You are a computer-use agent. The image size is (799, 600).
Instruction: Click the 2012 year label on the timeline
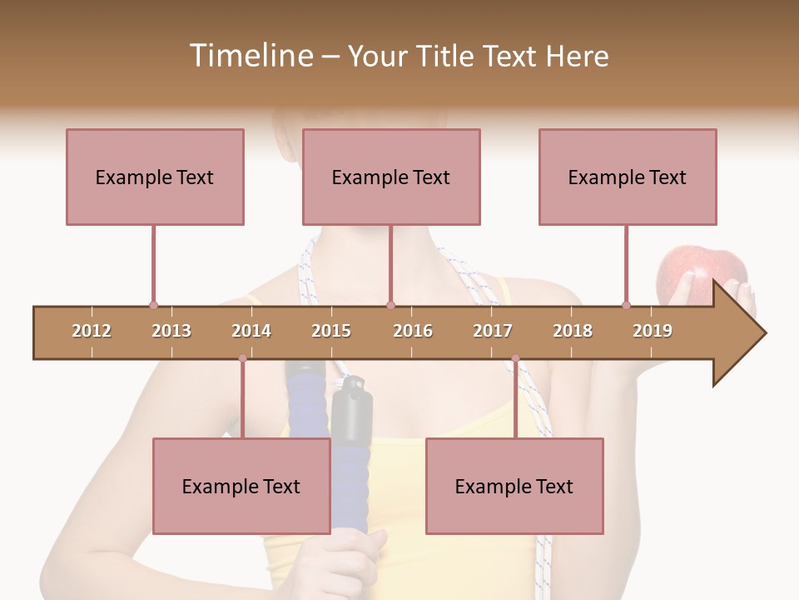(x=92, y=331)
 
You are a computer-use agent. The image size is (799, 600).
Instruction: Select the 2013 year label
(x=171, y=331)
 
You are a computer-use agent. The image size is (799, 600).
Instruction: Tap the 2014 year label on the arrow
(x=251, y=331)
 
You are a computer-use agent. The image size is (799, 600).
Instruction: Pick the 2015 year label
(x=331, y=331)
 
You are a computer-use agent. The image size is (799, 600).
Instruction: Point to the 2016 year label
(x=413, y=331)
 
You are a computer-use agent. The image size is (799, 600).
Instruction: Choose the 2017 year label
(x=493, y=331)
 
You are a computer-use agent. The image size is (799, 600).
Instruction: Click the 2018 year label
(x=573, y=331)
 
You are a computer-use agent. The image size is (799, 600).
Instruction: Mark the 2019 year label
(x=653, y=331)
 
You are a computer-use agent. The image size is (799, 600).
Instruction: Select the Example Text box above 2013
(x=155, y=177)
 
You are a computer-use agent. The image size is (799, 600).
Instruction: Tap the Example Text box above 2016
(x=391, y=177)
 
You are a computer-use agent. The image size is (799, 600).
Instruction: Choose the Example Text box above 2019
(x=628, y=177)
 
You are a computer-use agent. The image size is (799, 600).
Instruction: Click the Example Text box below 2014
(x=241, y=486)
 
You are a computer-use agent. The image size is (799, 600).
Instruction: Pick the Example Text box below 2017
(x=514, y=486)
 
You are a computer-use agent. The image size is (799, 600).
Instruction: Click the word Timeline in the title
(x=250, y=56)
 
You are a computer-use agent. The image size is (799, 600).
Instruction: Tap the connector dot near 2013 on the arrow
(x=153, y=306)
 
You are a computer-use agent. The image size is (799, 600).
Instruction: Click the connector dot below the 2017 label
(x=515, y=359)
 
